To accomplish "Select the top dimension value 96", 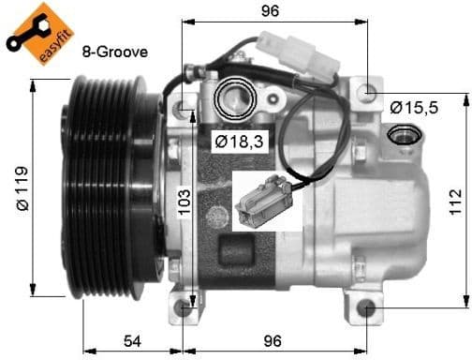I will [x=272, y=12].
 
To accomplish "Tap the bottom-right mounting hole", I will [x=366, y=309].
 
